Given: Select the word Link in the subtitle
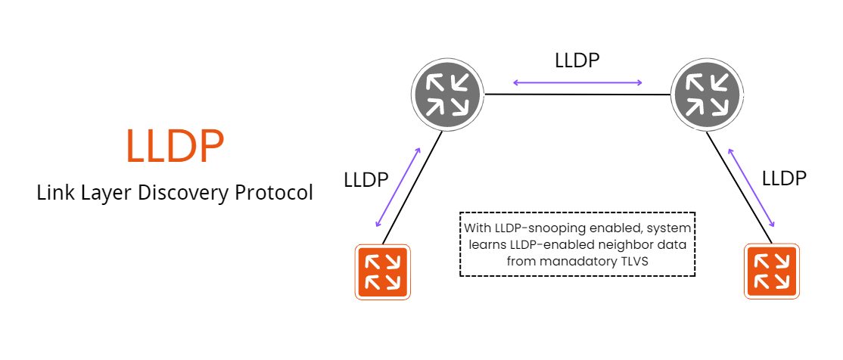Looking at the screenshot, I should [x=54, y=193].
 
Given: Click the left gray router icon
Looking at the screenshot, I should [x=447, y=95].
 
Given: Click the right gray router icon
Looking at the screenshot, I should [x=706, y=95].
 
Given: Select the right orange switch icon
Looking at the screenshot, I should [x=771, y=272].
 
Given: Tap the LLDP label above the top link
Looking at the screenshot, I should [x=577, y=61].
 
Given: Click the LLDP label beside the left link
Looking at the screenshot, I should [x=366, y=180].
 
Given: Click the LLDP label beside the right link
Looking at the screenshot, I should [x=784, y=178].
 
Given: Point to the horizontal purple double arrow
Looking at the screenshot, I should [x=578, y=82].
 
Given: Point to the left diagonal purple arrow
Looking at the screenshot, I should [x=399, y=186].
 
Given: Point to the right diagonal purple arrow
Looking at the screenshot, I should [x=751, y=187].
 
